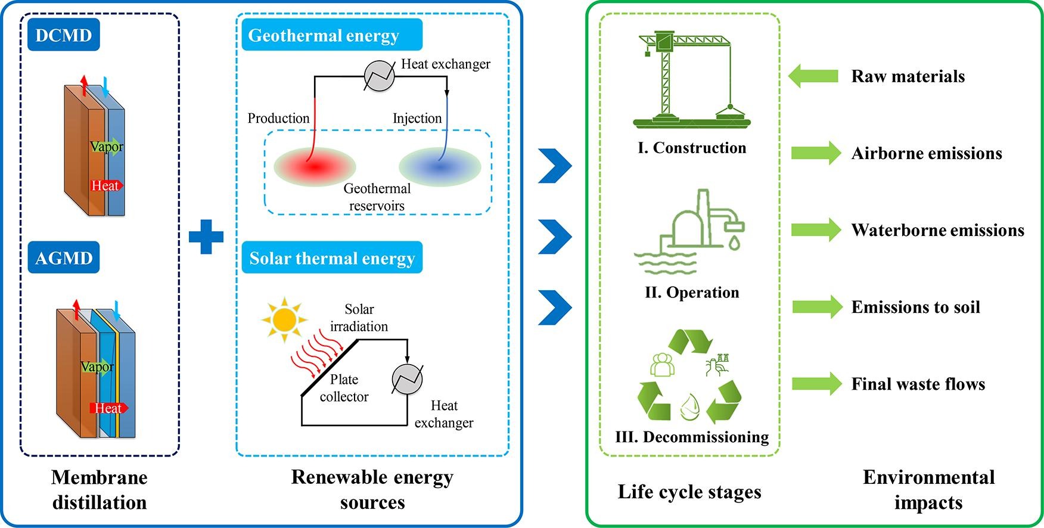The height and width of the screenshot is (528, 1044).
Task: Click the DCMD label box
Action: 64,35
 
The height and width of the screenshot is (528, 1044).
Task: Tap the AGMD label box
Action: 64,258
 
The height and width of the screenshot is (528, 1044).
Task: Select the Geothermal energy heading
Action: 331,35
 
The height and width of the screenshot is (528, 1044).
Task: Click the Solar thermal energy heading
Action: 332,258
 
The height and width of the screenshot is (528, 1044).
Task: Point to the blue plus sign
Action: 206,237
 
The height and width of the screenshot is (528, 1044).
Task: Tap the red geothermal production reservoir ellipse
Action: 315,166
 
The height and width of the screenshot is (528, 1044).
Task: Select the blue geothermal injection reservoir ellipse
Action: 440,167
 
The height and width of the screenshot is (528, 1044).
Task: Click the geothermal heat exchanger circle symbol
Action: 380,76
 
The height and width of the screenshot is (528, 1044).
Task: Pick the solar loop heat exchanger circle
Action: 407,379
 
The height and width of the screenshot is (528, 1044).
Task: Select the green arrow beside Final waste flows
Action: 816,384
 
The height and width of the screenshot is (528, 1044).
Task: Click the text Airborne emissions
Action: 927,153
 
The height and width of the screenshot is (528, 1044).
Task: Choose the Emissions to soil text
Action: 915,307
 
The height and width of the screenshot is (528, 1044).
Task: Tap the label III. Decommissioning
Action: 692,437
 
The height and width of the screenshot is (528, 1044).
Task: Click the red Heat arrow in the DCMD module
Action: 107,186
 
